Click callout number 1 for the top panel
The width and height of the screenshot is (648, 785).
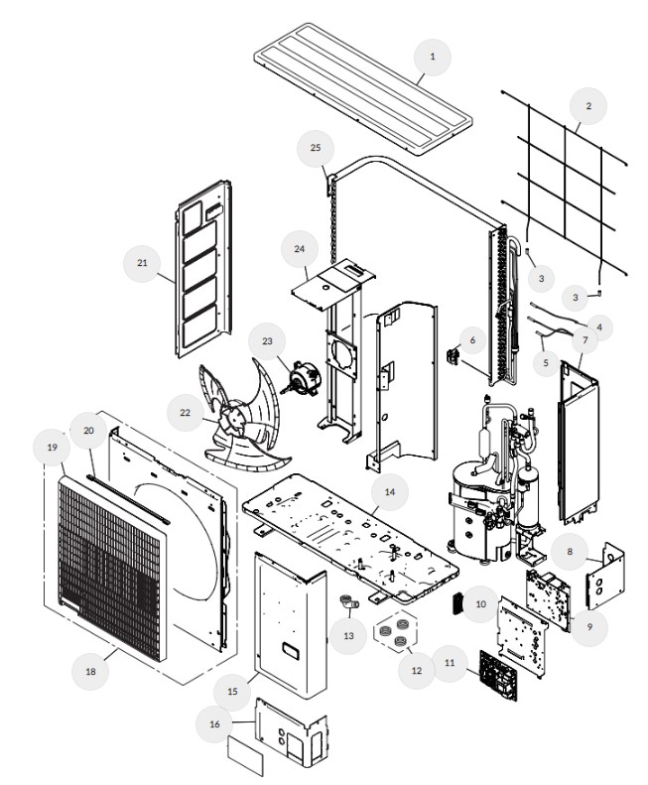pyautogui.click(x=433, y=58)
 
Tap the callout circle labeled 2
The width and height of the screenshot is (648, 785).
pyautogui.click(x=588, y=106)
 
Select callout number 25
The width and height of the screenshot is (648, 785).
pyautogui.click(x=315, y=148)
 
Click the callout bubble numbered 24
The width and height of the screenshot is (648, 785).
pyautogui.click(x=300, y=249)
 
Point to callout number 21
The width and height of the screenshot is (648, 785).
pyautogui.click(x=142, y=263)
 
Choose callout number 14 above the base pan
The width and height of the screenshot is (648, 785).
pyautogui.click(x=390, y=492)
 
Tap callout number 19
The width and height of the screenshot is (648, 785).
pyautogui.click(x=52, y=448)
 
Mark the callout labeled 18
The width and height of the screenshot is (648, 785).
pyautogui.click(x=90, y=671)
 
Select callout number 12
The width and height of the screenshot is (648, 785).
pyautogui.click(x=417, y=671)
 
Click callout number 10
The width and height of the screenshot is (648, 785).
pyautogui.click(x=480, y=604)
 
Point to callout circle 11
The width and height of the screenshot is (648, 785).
pyautogui.click(x=450, y=663)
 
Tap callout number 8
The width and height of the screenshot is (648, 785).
pyautogui.click(x=570, y=552)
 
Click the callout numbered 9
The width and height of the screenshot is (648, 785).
pyautogui.click(x=589, y=627)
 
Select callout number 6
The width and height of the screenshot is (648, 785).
pyautogui.click(x=472, y=340)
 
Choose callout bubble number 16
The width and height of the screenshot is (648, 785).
pyautogui.click(x=214, y=724)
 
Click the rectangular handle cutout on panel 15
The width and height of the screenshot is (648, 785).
pyautogui.click(x=291, y=650)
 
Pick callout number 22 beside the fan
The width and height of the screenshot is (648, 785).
pyautogui.click(x=185, y=413)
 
